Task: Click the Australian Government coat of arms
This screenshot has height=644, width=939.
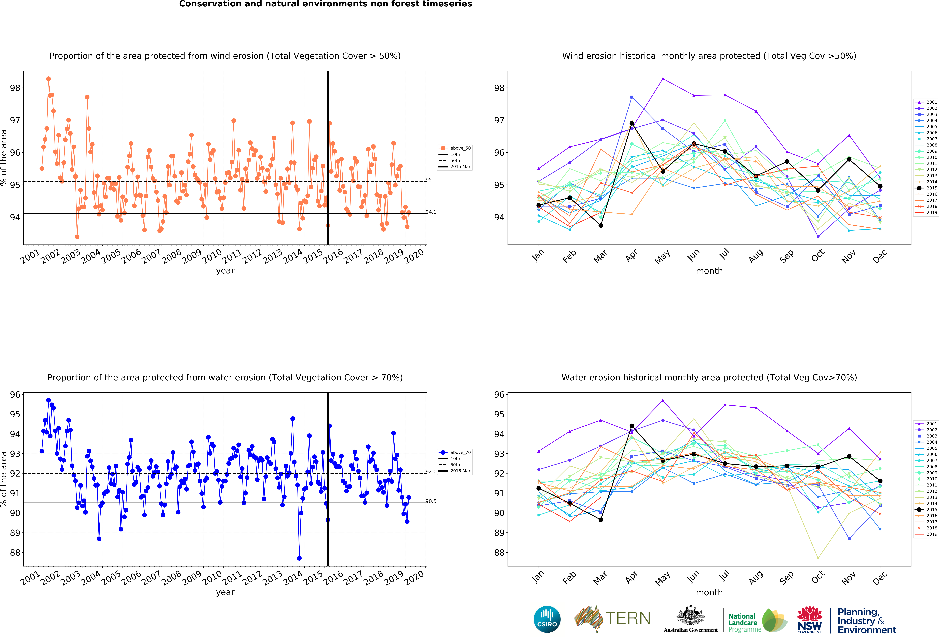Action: pos(691,615)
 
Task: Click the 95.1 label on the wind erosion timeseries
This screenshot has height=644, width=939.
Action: pos(431,180)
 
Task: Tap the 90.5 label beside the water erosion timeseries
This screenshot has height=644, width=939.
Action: pos(431,501)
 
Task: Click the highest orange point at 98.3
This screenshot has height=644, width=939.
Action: pos(48,79)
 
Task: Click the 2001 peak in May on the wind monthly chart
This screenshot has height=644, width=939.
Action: pos(663,78)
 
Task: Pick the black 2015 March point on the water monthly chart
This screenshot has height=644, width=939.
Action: pos(601,520)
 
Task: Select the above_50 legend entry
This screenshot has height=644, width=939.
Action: pos(455,148)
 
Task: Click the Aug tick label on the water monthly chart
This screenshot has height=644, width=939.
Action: pos(756,578)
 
